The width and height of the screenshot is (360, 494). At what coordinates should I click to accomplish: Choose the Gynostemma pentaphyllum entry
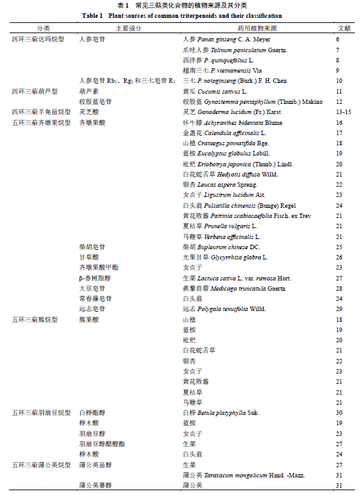[x=241, y=102]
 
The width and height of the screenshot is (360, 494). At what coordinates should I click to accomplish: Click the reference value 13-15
[x=343, y=112]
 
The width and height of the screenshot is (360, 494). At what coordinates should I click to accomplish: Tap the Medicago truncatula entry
[x=234, y=288]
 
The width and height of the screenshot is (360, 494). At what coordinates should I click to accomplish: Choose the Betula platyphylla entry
[x=221, y=413]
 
